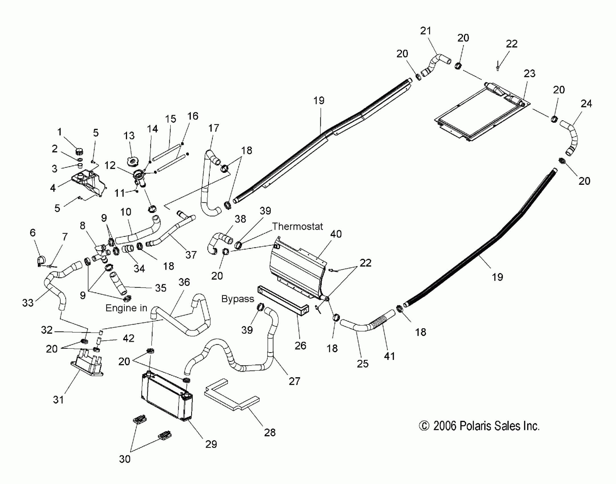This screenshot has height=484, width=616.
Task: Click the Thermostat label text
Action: coord(297,227)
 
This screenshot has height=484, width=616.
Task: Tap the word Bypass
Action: coord(238,299)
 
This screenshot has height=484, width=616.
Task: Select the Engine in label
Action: coord(126,308)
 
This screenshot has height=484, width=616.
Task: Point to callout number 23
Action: coord(530,74)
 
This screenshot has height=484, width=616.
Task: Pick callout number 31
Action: coord(58,400)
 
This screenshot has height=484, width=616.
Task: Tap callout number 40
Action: coord(336,234)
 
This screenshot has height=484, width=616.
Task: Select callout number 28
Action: coord(270,432)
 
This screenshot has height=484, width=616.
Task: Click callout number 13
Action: coord(129,136)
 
